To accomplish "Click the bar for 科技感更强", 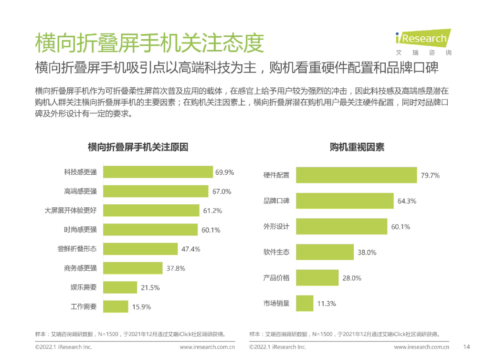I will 158,172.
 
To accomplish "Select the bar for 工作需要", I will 116,307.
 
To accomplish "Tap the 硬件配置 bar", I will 356,175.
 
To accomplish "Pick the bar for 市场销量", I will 305,303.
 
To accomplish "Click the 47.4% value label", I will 190,249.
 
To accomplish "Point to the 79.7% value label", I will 430,175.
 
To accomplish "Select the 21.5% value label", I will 150,287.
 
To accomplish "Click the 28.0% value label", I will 352,278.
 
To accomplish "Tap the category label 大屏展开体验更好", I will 71,210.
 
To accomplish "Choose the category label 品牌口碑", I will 276,201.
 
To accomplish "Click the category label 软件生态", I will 276,252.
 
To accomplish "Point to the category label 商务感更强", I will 80,268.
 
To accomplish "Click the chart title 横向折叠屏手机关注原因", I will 138,148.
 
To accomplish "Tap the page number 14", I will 467,347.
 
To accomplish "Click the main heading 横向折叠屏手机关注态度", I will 149,43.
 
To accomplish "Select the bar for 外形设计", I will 341,226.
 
